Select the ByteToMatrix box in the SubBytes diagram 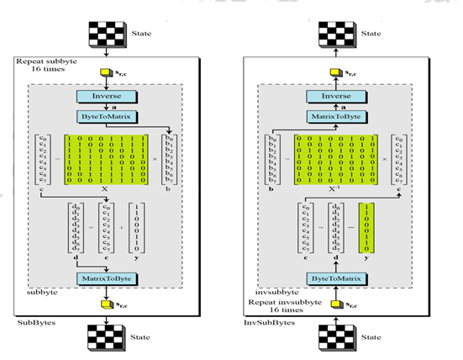tap(112, 116)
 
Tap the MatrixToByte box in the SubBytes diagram tap(112, 278)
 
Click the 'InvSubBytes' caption tap(262, 322)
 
